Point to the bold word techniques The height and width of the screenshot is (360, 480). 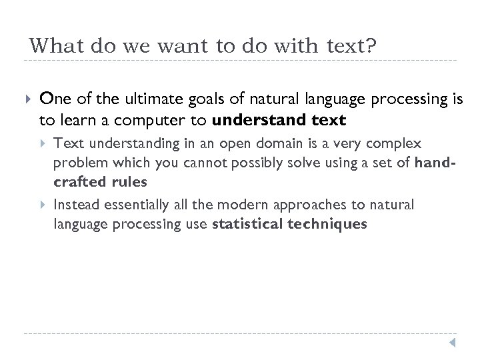point(327,224)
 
